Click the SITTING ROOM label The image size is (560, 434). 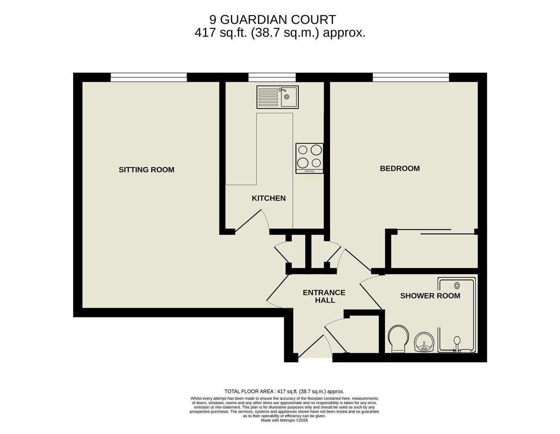click(146, 170)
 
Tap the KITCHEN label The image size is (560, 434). click(268, 198)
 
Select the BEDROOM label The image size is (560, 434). click(400, 168)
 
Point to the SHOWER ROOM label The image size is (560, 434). click(430, 296)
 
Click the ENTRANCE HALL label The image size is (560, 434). click(324, 296)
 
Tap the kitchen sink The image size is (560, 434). click(278, 97)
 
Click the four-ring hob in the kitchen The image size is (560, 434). click(309, 158)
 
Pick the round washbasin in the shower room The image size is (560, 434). click(424, 342)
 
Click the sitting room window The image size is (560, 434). click(149, 77)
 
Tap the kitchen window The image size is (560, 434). click(272, 77)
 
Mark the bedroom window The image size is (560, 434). click(411, 77)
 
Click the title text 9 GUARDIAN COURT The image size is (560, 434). click(272, 19)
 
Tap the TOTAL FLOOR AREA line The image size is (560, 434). click(284, 391)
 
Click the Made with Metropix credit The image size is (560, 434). click(284, 420)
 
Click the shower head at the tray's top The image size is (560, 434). click(457, 285)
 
